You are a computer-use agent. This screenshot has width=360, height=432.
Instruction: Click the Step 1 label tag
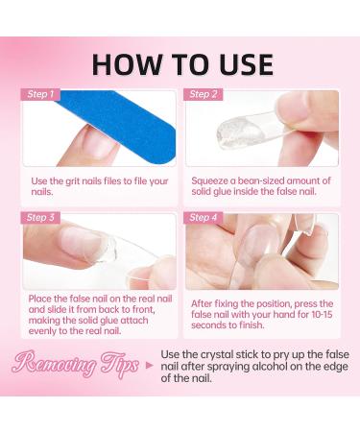tap(40, 94)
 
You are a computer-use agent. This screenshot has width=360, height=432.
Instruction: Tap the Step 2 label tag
tap(204, 94)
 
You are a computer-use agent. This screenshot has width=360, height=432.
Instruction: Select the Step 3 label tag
tap(40, 218)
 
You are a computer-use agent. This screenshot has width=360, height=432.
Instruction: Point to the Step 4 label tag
tap(204, 218)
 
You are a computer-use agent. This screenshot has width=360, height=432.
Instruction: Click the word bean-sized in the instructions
tap(257, 180)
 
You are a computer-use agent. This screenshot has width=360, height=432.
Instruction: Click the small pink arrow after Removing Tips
tap(149, 365)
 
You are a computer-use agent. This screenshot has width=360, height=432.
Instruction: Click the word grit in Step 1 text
tap(72, 181)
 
